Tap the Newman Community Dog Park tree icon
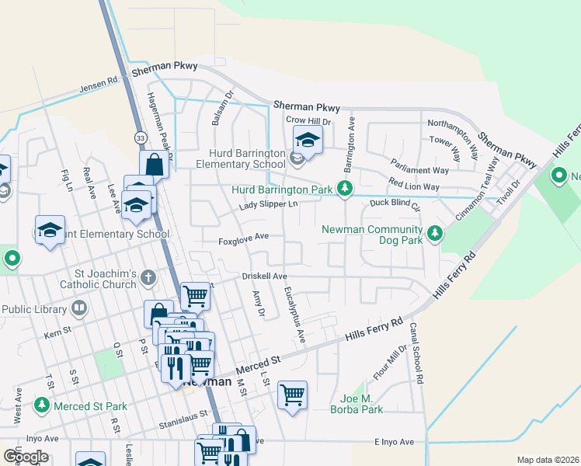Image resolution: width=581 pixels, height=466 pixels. (x=436, y=232)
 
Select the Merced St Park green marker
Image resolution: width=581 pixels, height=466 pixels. (x=41, y=405)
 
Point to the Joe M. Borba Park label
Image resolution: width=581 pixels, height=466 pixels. (x=357, y=404)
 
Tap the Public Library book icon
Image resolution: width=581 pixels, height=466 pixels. (x=78, y=308)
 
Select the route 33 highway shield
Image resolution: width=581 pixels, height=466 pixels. (x=140, y=137)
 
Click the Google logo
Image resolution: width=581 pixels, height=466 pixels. (x=26, y=456)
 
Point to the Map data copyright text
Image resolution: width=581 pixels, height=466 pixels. (x=548, y=460)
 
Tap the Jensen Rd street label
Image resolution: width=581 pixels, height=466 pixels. (x=98, y=85)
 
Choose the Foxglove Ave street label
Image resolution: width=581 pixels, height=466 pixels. (x=243, y=237)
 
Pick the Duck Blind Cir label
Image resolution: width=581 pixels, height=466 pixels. (x=395, y=205)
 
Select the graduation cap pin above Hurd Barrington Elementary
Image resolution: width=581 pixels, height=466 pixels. (x=308, y=141)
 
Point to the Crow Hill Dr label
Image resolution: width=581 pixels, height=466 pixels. (x=308, y=120)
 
